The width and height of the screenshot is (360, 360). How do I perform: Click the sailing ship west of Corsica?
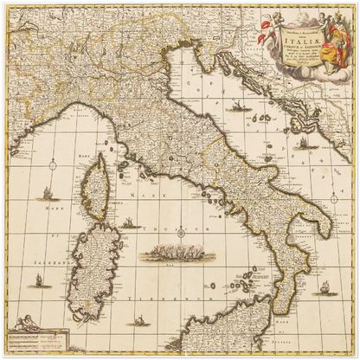point(48,195)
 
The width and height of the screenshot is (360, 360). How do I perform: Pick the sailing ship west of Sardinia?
point(38,280)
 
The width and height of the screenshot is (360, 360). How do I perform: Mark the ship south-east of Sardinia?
point(138,320)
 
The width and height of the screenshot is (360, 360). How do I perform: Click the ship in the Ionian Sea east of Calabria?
point(324,286)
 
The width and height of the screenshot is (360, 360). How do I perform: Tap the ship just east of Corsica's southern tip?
point(130,222)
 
